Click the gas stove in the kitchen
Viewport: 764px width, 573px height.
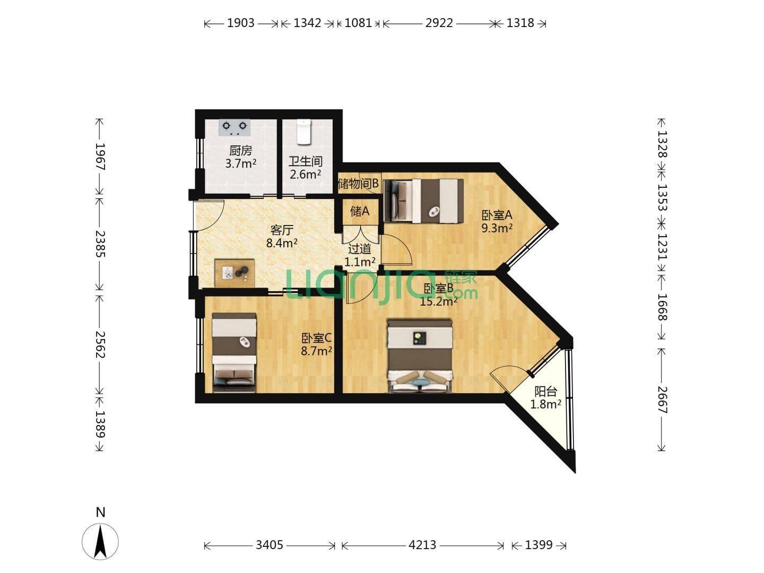point(235,128)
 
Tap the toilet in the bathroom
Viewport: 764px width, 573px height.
point(303,132)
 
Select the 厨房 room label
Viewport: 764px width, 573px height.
point(240,151)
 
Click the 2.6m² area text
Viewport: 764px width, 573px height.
point(305,174)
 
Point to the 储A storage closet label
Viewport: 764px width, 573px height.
point(360,211)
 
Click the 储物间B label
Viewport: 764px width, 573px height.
point(358,184)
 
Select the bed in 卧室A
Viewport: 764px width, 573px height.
point(423,201)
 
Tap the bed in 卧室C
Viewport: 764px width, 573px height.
point(235,353)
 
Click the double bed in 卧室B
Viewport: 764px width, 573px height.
point(420,356)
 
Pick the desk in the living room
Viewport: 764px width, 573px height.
point(235,273)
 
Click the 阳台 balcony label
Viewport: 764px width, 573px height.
point(545,392)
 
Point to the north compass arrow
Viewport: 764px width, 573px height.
point(100,542)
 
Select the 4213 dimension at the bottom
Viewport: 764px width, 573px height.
point(422,545)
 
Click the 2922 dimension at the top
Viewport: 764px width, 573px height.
point(439,23)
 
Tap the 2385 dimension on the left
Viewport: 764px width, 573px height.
point(100,244)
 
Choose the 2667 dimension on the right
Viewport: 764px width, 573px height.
point(662,400)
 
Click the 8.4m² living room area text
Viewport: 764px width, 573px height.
point(282,243)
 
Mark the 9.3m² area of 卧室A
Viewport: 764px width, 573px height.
point(497,228)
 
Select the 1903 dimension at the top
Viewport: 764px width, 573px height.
point(241,23)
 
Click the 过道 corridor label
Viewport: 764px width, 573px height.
point(360,249)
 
